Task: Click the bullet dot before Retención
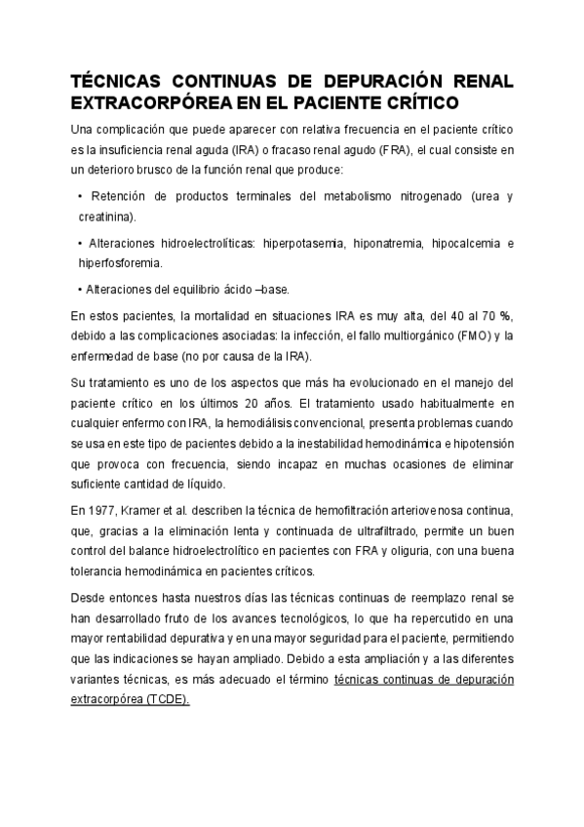pyautogui.click(x=79, y=197)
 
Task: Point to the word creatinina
pyautogui.click(x=107, y=217)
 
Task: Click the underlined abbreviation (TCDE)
pyautogui.click(x=167, y=698)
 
